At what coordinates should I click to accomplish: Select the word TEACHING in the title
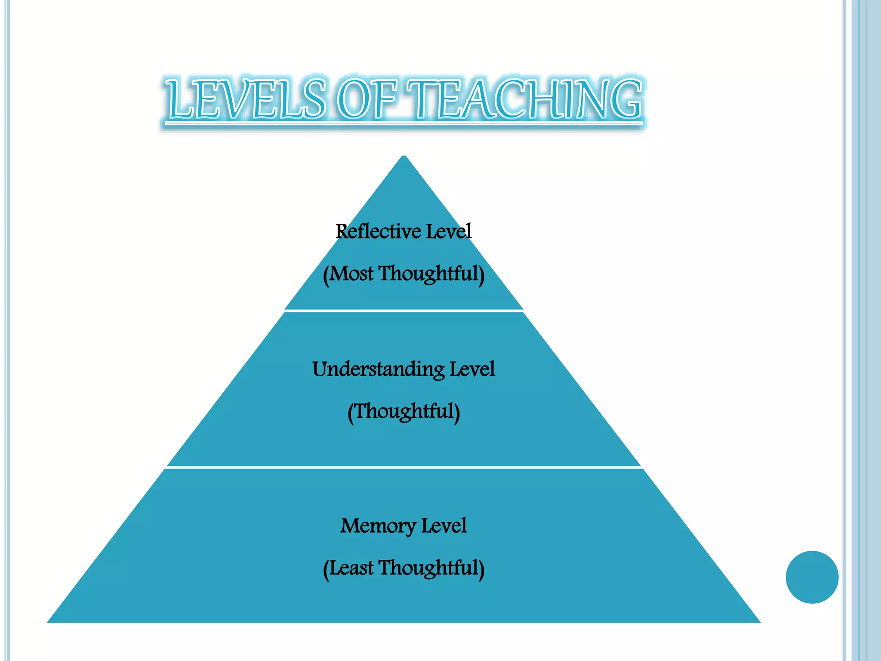[525, 99]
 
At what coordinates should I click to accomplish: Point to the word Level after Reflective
[449, 232]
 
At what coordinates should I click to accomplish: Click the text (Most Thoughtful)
[404, 274]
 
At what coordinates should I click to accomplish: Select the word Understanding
[378, 370]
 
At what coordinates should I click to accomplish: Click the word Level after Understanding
[472, 369]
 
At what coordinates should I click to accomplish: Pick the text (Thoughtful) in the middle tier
[404, 411]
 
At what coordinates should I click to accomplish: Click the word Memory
[378, 526]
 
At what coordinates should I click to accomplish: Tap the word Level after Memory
[444, 525]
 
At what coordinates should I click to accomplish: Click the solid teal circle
[812, 577]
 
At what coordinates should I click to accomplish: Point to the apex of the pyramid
[404, 157]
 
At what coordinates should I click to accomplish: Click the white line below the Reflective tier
[404, 310]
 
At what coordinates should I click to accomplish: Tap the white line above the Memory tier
[404, 467]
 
